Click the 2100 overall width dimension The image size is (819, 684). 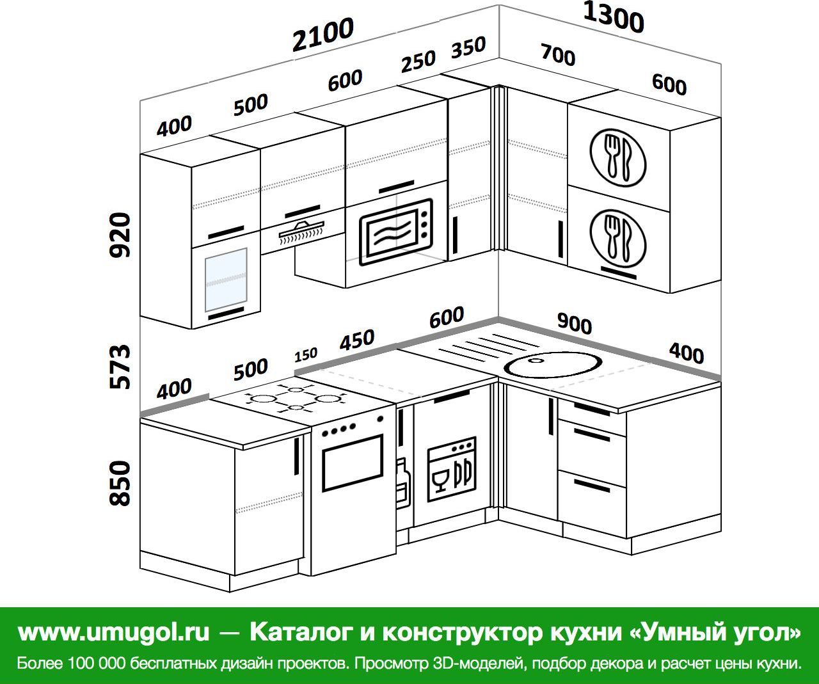tap(323, 34)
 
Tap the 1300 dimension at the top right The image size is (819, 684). tap(614, 18)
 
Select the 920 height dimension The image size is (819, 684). tap(120, 235)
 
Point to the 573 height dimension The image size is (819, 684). tap(120, 367)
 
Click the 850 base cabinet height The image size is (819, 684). tap(120, 483)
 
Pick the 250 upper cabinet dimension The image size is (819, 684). tap(418, 61)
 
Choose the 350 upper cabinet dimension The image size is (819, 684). tap(468, 47)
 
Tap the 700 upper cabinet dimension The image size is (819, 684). tap(558, 54)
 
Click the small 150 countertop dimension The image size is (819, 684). tap(306, 355)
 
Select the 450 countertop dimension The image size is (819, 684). tap(357, 340)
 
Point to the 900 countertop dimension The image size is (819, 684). tap(575, 324)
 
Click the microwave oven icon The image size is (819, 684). tap(396, 232)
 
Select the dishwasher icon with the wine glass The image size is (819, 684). tap(452, 469)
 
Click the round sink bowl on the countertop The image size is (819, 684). tap(553, 365)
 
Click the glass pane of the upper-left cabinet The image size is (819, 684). tap(226, 280)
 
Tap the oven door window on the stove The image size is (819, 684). tap(352, 463)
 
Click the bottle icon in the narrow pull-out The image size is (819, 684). tap(403, 484)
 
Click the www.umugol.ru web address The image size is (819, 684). tap(114, 632)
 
